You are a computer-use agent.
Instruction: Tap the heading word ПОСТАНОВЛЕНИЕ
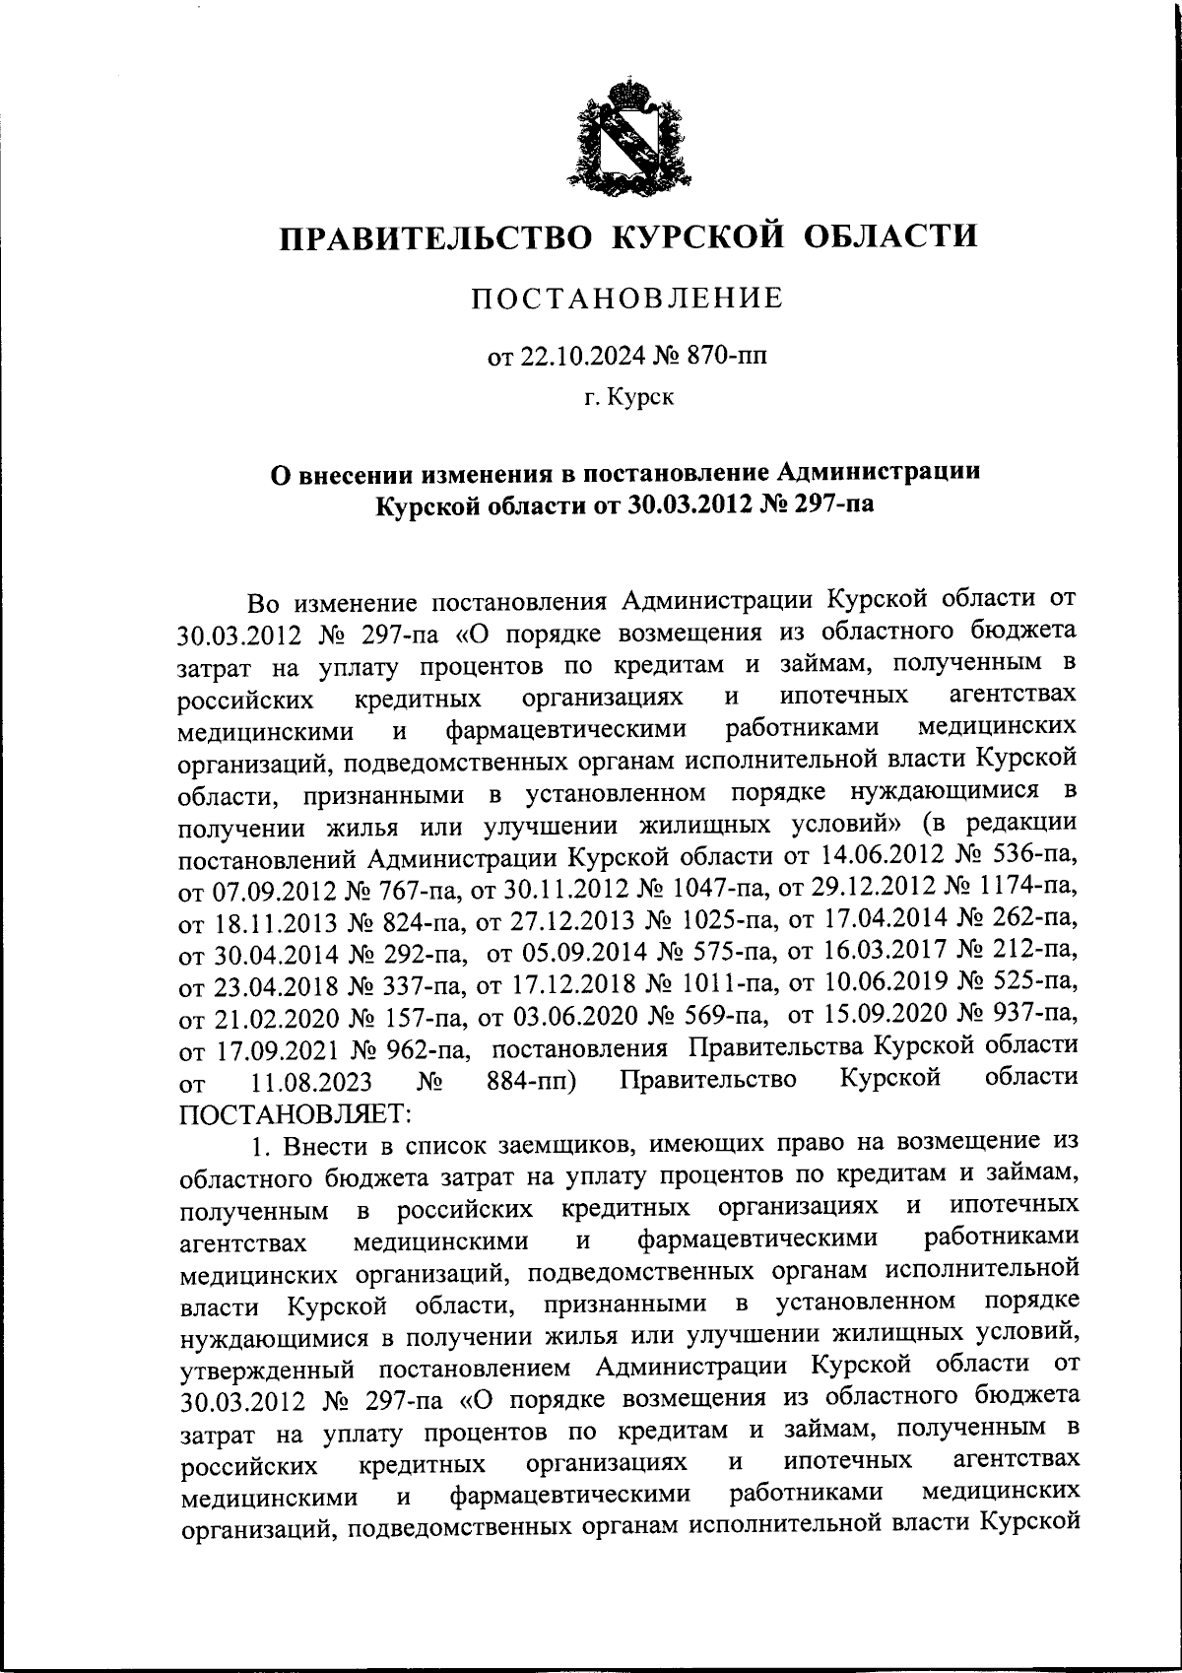[x=626, y=298]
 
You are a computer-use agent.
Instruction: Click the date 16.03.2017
[x=881, y=951]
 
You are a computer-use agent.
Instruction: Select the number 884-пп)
[x=532, y=1081]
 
